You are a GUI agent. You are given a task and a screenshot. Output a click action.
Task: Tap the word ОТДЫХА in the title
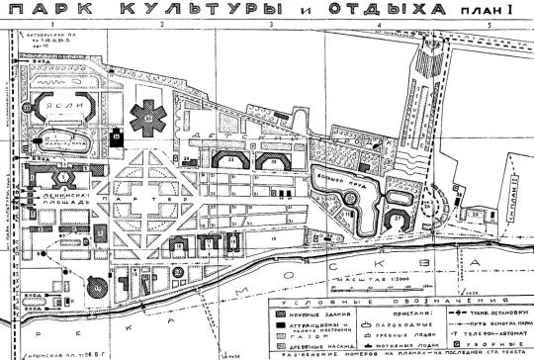coord(375,12)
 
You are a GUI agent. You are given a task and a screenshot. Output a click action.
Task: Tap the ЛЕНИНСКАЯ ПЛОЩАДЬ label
coord(50,203)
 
